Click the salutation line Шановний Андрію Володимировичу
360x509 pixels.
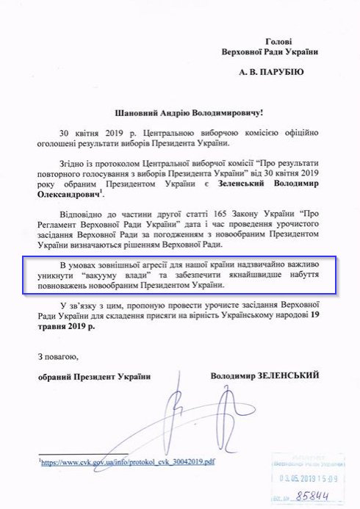pyautogui.click(x=179, y=112)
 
